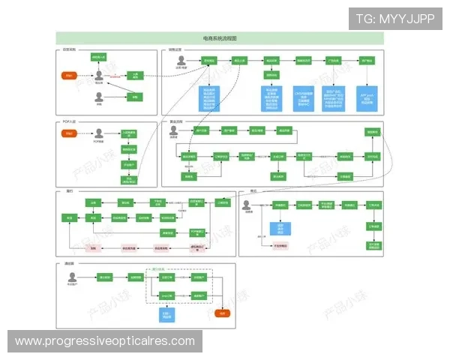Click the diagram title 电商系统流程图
click(x=220, y=38)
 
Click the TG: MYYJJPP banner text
click(x=395, y=19)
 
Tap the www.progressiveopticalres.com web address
click(x=105, y=341)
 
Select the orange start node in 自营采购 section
click(x=69, y=76)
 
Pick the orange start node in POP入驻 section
click(x=69, y=133)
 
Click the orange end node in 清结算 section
click(x=223, y=313)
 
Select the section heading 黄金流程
click(x=175, y=121)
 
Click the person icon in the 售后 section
click(x=247, y=204)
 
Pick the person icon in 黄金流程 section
click(x=174, y=130)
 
